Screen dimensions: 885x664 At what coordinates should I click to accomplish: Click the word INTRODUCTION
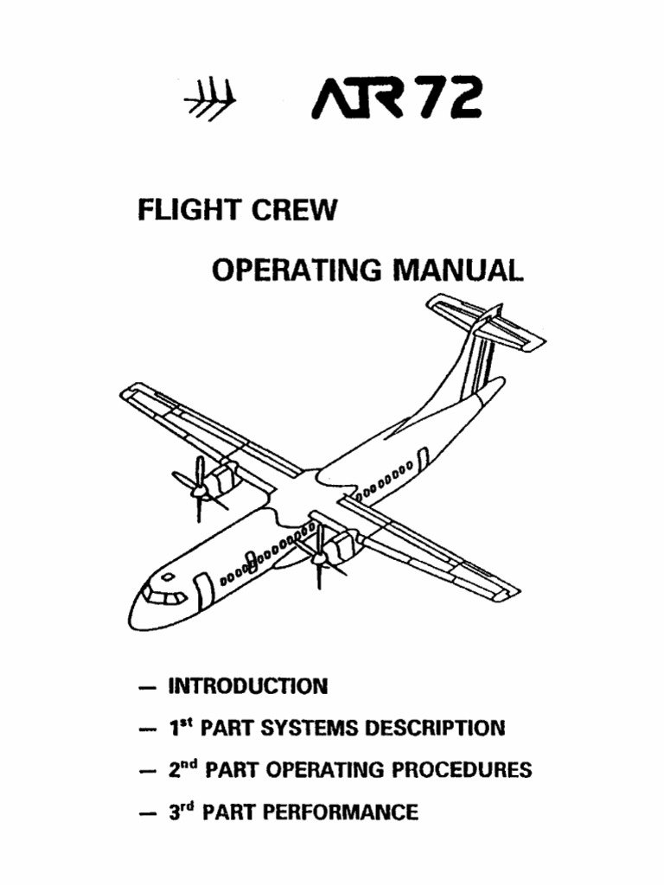coord(247,687)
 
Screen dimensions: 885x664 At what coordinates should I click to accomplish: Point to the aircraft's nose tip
coord(134,615)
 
